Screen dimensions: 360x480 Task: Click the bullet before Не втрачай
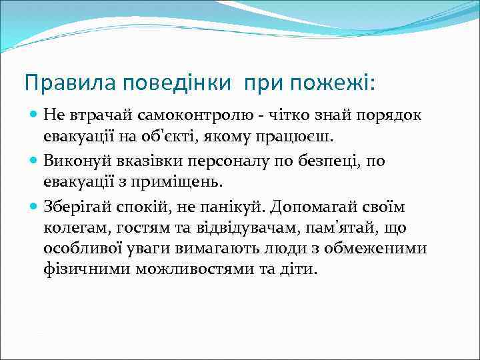34,115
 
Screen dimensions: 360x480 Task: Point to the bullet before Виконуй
34,161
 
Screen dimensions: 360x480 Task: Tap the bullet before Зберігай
34,207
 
